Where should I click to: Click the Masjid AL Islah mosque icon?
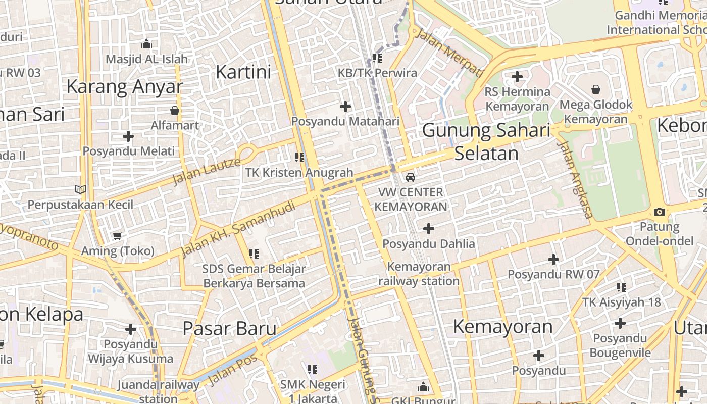tap(146, 44)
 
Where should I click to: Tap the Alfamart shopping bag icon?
tap(175, 110)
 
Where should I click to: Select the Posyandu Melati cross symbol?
tap(128, 136)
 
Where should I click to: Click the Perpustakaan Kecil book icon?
tap(80, 189)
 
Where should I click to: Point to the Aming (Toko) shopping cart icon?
tap(118, 236)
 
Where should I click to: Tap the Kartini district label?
tap(243, 72)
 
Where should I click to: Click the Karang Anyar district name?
tap(124, 86)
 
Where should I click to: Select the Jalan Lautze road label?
tap(207, 171)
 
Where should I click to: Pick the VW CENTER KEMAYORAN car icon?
tap(411, 177)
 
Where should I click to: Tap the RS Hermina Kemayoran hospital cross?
tap(517, 77)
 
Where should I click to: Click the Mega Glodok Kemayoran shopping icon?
tap(596, 89)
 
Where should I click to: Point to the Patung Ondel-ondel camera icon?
tap(659, 212)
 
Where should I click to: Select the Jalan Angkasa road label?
tap(574, 179)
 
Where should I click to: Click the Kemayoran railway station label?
tap(419, 274)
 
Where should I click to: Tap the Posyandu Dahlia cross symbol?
tap(428, 229)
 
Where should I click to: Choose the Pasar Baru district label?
tap(229, 328)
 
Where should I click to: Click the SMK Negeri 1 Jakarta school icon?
tap(313, 370)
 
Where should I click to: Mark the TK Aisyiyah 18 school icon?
tap(621, 287)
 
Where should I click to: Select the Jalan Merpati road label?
tap(448, 52)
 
